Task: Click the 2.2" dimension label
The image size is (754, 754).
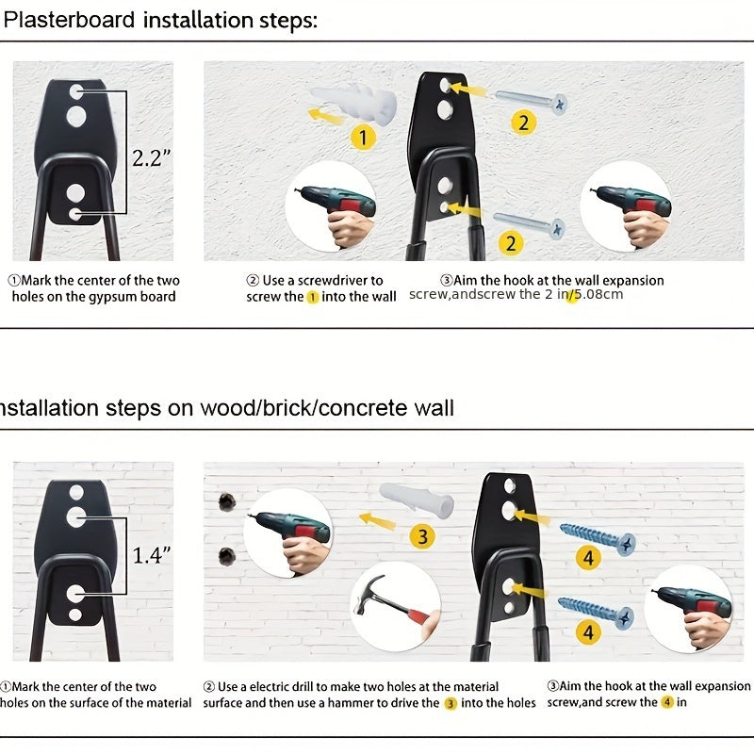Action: tap(152, 158)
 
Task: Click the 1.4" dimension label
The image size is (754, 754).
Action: tap(152, 555)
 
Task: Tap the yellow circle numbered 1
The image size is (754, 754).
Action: tap(363, 138)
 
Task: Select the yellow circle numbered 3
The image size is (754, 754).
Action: tap(422, 536)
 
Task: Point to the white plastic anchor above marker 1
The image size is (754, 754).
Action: tap(353, 103)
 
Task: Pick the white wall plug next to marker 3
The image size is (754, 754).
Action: tap(417, 500)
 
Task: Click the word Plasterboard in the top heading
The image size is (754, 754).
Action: tap(69, 20)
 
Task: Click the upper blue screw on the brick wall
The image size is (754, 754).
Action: tap(598, 539)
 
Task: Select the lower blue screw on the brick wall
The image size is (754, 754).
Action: tap(596, 612)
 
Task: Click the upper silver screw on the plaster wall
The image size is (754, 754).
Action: tap(532, 101)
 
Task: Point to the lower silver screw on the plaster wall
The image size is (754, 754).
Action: tap(529, 224)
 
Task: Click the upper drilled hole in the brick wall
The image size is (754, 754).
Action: tap(227, 502)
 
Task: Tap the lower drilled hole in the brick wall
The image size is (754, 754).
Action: tap(227, 557)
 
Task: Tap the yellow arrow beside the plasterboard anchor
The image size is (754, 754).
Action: tap(325, 116)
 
